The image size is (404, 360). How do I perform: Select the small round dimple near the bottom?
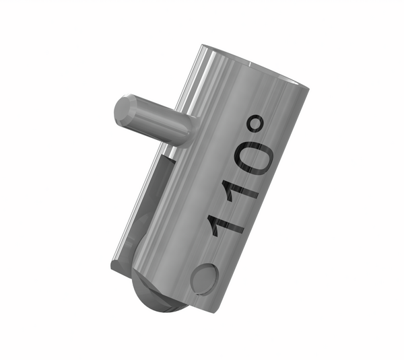tap(203, 278)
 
